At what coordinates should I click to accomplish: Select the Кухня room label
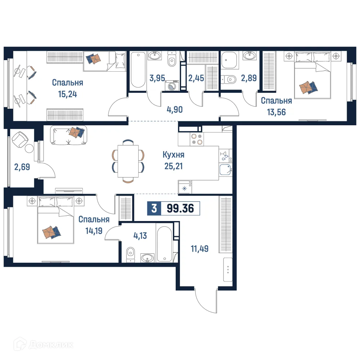coord(173,155)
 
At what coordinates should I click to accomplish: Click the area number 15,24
coord(67,94)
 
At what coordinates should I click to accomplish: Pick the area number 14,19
coord(93,230)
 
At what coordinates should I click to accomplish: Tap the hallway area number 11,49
coord(199,248)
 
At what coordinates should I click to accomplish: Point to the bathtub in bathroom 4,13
coord(165,243)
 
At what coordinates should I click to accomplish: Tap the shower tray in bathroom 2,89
coord(229,59)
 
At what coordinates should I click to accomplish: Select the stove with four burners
coord(197,139)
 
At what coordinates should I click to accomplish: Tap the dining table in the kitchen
coord(128,161)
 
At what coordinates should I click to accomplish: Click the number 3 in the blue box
coord(154,208)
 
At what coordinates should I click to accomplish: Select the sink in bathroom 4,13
coord(147,258)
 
